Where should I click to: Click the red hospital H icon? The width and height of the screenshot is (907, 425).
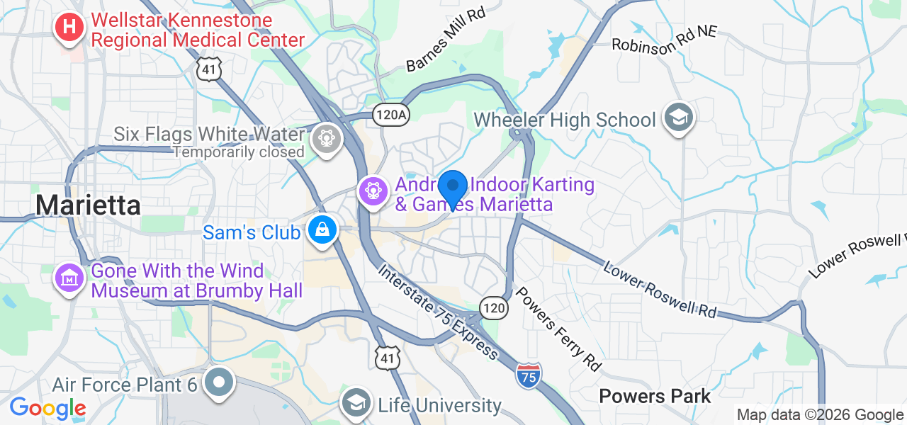[x=69, y=28]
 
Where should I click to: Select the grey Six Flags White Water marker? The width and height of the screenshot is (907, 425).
[x=327, y=136]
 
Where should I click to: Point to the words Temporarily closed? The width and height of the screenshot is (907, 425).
[x=239, y=152]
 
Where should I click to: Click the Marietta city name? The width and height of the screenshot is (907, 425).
[x=88, y=205]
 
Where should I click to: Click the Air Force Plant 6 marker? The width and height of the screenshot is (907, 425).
[x=220, y=382]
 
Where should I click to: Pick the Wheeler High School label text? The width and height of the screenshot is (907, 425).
[x=565, y=120]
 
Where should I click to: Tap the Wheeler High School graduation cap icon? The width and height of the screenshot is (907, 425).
[x=678, y=118]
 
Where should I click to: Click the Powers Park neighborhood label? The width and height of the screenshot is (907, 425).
[x=655, y=396]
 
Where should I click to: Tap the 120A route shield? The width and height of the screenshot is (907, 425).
[x=391, y=115]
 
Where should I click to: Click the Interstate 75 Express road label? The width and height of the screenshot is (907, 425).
[x=438, y=311]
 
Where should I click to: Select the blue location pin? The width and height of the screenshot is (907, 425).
[x=452, y=188]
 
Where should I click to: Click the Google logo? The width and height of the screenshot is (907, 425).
[x=47, y=408]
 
